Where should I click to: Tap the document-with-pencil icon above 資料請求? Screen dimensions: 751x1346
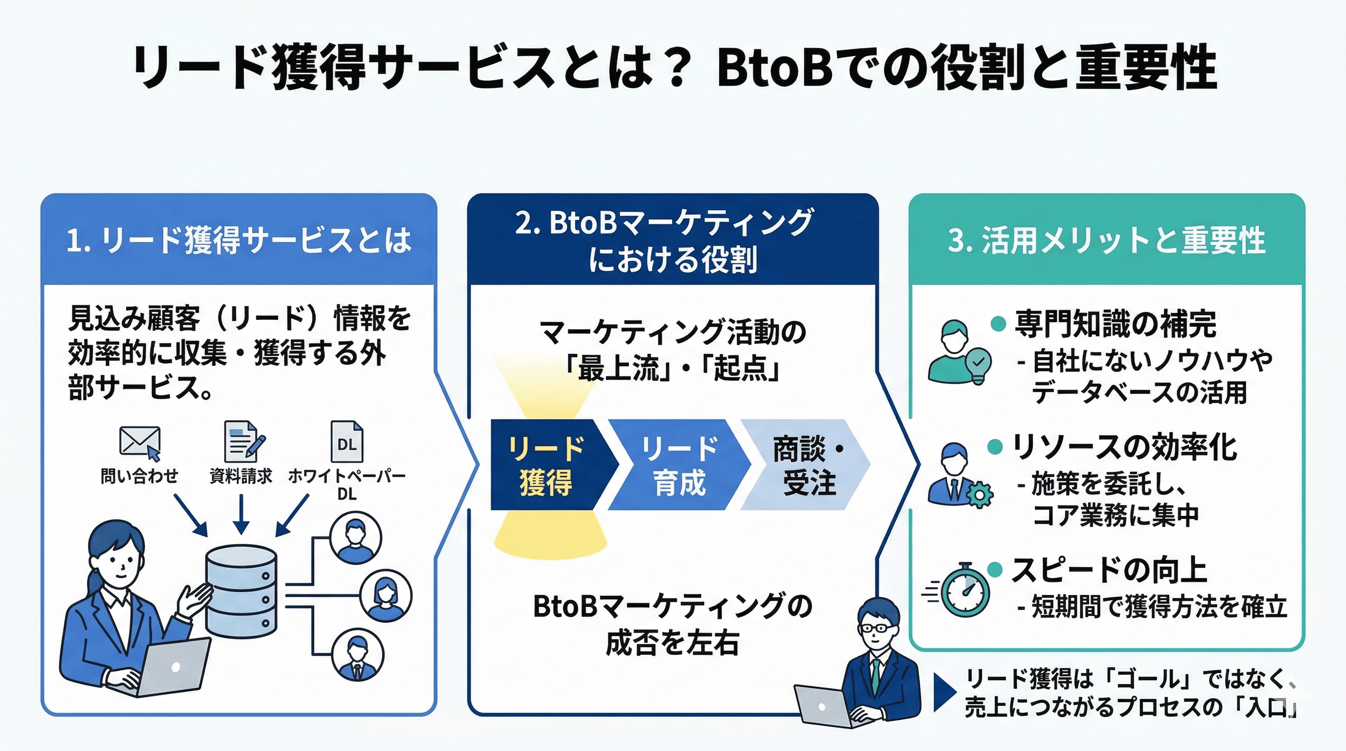[243, 442]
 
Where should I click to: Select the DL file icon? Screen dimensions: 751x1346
[347, 442]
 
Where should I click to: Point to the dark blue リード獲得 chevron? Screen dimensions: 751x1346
[546, 464]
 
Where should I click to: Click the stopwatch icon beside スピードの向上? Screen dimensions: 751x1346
[965, 590]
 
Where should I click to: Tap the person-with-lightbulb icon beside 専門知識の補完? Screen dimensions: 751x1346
[959, 352]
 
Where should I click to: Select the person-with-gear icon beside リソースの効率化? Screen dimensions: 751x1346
[959, 475]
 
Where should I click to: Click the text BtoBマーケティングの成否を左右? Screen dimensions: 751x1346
[673, 623]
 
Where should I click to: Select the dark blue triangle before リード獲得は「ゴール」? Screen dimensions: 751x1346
[942, 692]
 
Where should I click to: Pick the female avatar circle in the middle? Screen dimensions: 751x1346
[385, 596]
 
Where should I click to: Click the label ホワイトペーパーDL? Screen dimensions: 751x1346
[347, 484]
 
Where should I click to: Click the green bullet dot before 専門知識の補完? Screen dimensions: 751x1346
[998, 324]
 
